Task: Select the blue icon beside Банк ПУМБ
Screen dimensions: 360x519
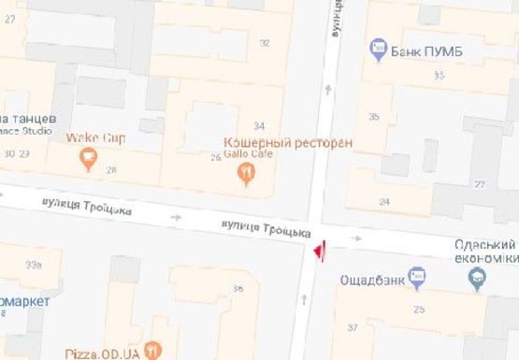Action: click(379, 46)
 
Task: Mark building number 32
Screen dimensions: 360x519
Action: click(265, 43)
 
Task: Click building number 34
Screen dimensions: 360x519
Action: click(259, 126)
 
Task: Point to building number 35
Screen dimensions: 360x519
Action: click(374, 117)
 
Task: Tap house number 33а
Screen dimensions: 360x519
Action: click(34, 266)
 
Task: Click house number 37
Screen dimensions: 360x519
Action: click(352, 327)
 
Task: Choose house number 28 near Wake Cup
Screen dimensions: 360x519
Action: click(111, 169)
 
